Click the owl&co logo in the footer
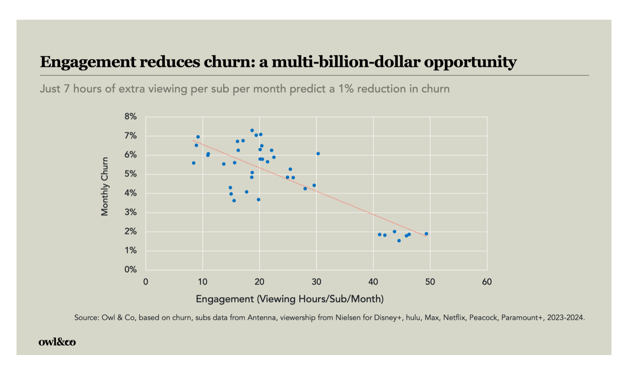[x=57, y=342]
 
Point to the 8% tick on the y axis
[x=130, y=117]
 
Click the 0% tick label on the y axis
[x=130, y=270]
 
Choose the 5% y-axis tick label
[x=130, y=174]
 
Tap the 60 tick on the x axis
[x=487, y=282]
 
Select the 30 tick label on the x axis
[x=316, y=282]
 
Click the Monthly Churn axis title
[x=105, y=186]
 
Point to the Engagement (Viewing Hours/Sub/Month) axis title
[x=289, y=299]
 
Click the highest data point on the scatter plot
[x=252, y=130]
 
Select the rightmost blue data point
[x=426, y=234]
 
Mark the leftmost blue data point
[x=193, y=163]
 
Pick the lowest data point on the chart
[x=399, y=241]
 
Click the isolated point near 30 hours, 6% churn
[x=318, y=154]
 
